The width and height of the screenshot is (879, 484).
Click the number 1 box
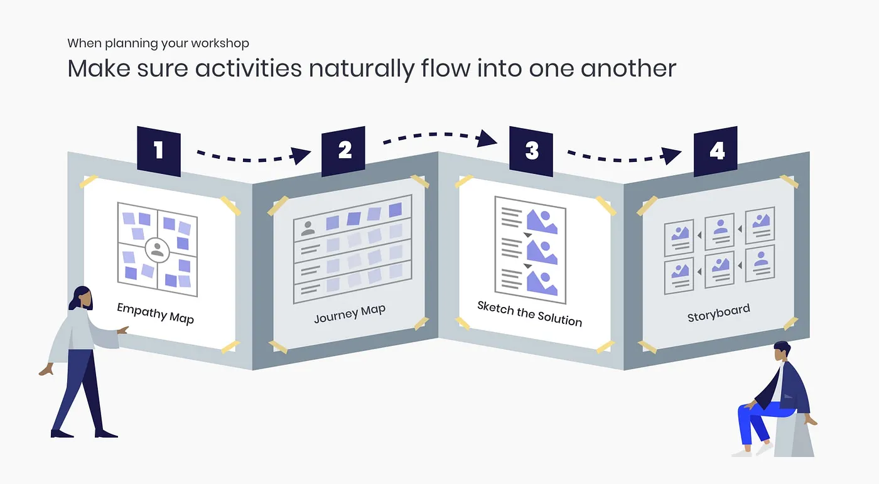[158, 151]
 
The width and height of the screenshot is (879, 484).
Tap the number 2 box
[343, 151]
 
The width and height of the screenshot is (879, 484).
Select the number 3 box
[531, 151]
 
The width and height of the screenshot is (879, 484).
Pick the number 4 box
[716, 151]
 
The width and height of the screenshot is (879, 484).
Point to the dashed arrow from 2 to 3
[439, 135]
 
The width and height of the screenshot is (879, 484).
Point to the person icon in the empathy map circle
[157, 250]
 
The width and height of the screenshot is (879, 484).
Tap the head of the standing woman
[83, 297]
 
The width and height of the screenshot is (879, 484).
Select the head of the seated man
[781, 352]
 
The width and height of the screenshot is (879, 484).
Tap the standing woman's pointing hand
[124, 330]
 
